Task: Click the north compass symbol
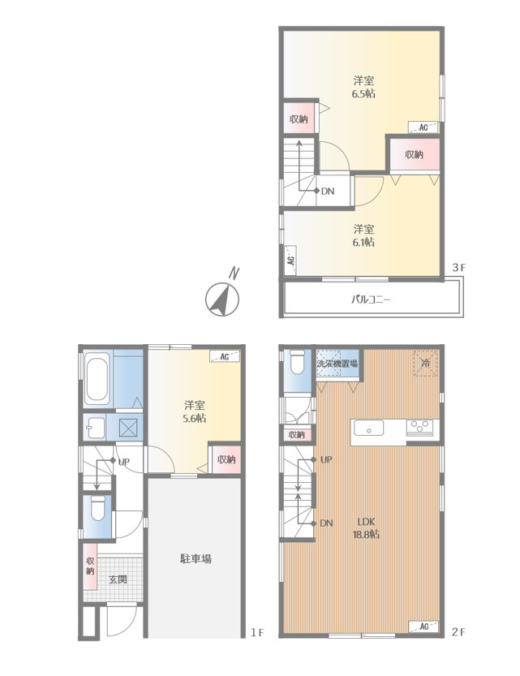tap(222, 297)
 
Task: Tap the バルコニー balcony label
tap(371, 299)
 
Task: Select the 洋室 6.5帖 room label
tap(363, 87)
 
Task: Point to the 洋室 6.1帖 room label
tap(363, 235)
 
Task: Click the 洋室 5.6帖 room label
tap(195, 411)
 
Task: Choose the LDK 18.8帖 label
tap(366, 528)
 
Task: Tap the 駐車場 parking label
tap(196, 559)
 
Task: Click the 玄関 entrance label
tap(118, 579)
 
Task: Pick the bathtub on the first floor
tap(97, 379)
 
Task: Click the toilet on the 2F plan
tap(297, 362)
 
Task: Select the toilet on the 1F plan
tap(98, 508)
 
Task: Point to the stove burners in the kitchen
tap(419, 426)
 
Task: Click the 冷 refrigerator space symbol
tap(426, 363)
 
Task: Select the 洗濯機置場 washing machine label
tap(337, 363)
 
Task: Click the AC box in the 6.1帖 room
tap(290, 260)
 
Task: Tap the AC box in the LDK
tap(423, 626)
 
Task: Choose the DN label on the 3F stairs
tap(328, 191)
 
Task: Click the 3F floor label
tap(459, 268)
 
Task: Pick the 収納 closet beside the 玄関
tap(90, 566)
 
